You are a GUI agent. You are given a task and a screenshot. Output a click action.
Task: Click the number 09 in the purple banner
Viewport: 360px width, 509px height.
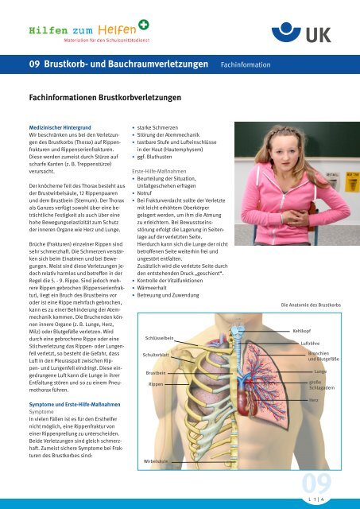point(35,63)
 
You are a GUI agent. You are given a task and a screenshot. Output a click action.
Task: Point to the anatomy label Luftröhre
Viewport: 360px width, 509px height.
point(309,342)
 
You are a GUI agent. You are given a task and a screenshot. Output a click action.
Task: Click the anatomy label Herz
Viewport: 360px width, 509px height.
point(314,399)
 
